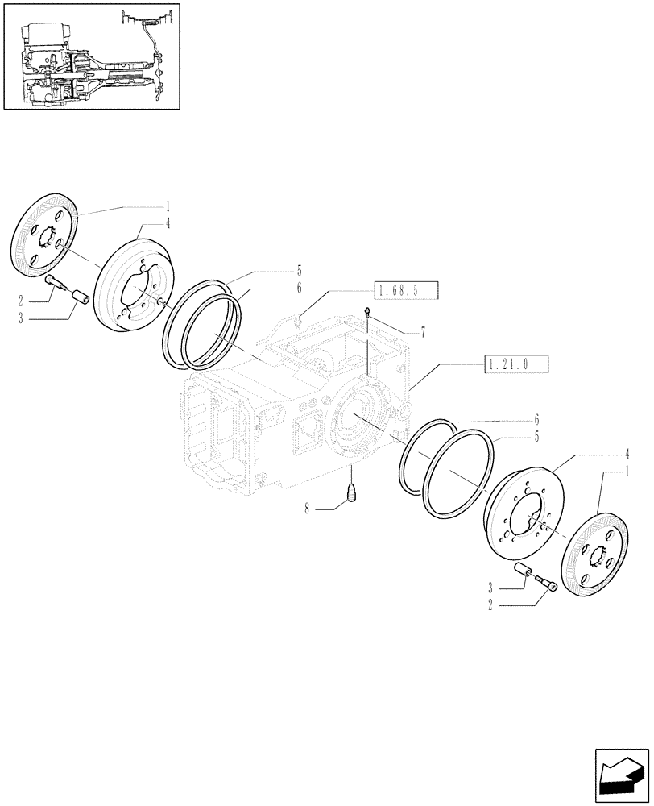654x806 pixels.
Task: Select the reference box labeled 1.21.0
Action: (516, 364)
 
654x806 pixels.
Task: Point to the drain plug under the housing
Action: (351, 491)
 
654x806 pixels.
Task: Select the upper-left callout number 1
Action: (168, 207)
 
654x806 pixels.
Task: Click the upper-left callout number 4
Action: (168, 224)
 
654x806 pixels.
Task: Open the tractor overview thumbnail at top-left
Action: (91, 56)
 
